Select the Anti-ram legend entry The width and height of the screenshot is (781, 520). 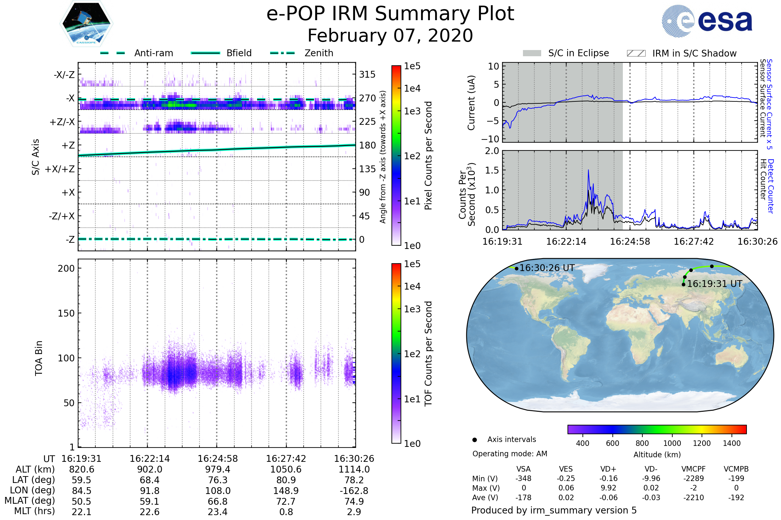click(153, 53)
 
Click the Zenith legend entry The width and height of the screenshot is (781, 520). click(319, 53)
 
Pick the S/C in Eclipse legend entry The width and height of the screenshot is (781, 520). click(578, 53)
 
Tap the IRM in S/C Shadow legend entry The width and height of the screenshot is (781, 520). click(694, 53)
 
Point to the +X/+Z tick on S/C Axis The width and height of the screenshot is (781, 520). click(60, 169)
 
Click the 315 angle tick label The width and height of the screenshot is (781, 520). click(367, 74)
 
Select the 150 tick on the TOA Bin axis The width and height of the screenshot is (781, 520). click(66, 313)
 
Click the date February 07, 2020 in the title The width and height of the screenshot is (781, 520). click(390, 36)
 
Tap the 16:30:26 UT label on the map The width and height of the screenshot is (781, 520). click(547, 268)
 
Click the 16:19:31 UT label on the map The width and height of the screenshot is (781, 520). click(714, 284)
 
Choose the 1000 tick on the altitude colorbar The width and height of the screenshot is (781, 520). click(672, 443)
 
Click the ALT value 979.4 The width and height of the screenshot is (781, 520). click(217, 470)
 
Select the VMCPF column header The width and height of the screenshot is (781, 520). click(693, 469)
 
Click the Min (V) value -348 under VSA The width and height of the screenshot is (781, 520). click(523, 478)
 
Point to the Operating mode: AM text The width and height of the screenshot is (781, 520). click(510, 454)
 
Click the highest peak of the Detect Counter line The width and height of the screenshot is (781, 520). click(588, 170)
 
